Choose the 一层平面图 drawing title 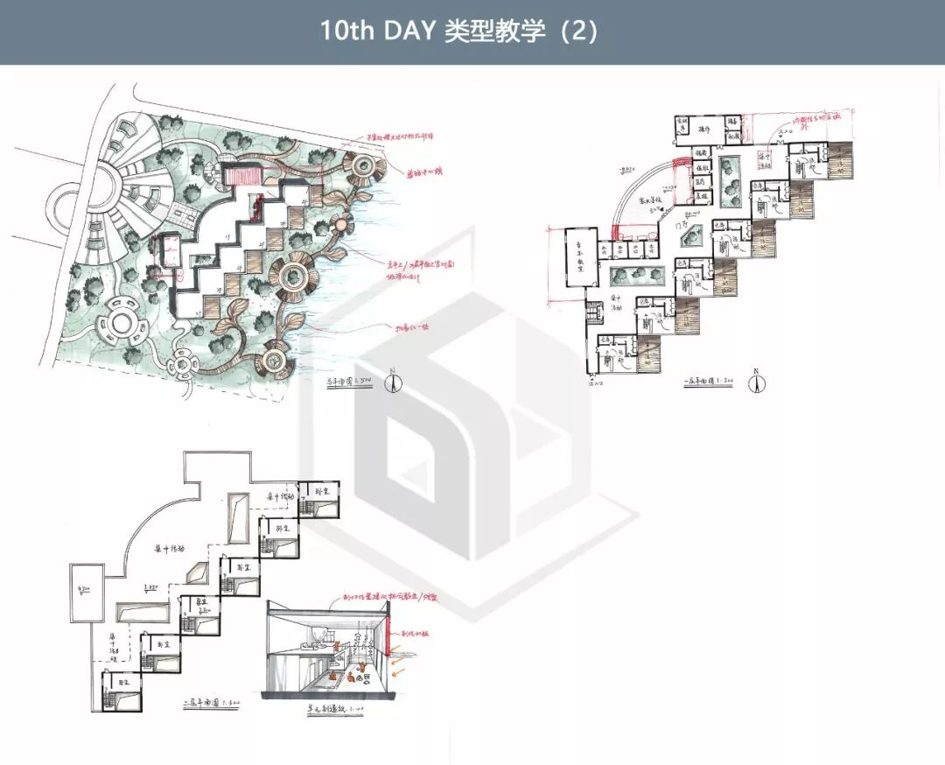point(705,381)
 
